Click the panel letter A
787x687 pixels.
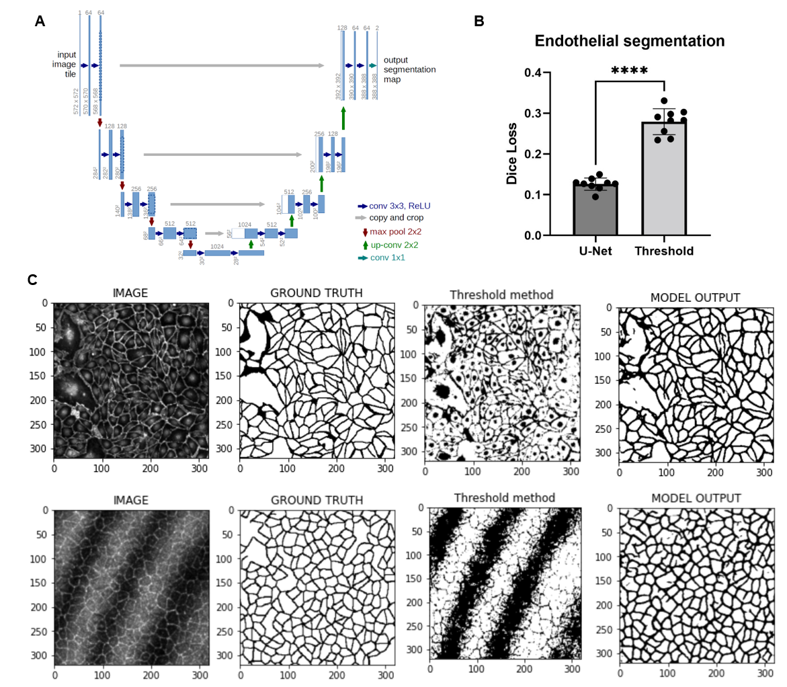40,22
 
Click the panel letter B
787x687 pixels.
479,21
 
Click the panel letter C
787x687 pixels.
32,278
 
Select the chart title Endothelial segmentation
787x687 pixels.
629,41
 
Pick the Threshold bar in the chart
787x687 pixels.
664,179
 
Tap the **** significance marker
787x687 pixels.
629,71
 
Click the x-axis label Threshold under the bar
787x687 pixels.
664,251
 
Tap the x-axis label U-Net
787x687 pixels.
595,251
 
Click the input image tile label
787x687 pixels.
65,65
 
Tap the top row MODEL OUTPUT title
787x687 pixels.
696,296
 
